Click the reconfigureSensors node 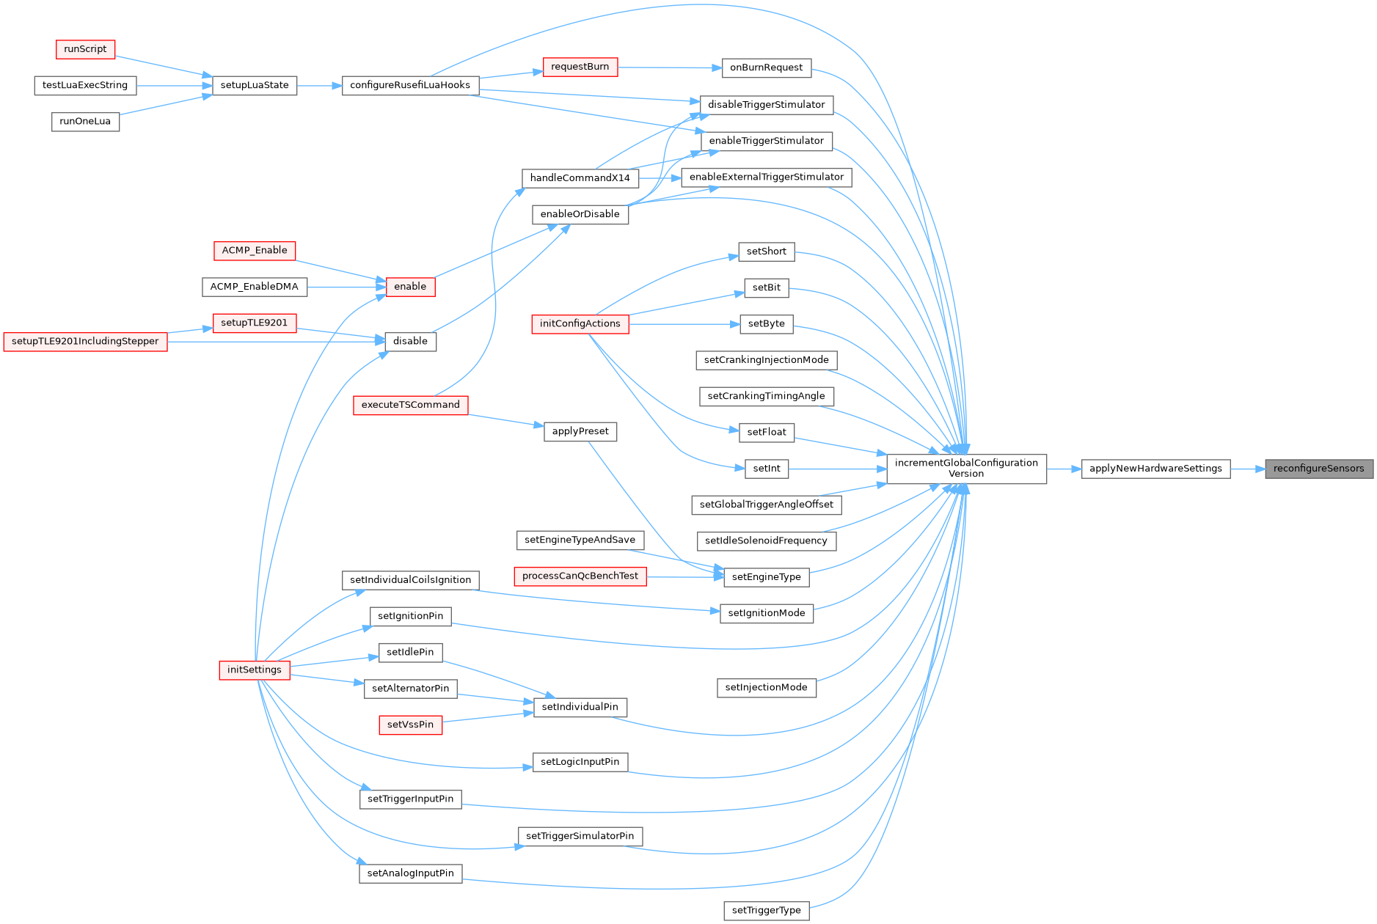[x=1318, y=469]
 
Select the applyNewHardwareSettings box [x=1155, y=469]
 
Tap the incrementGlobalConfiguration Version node [x=966, y=469]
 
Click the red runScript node [x=85, y=49]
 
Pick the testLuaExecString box [x=85, y=85]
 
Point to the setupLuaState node [x=255, y=85]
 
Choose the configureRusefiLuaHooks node [x=410, y=85]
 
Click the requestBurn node [x=580, y=67]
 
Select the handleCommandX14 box [x=580, y=178]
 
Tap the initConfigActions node [x=580, y=323]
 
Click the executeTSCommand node [x=410, y=405]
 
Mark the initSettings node [x=255, y=670]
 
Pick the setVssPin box [x=410, y=725]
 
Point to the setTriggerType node [x=766, y=911]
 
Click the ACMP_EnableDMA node [x=255, y=287]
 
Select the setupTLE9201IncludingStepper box [x=85, y=342]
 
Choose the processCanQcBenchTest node [x=580, y=576]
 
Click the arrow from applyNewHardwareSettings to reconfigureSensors [x=1247, y=469]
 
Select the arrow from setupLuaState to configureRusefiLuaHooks [x=319, y=86]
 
